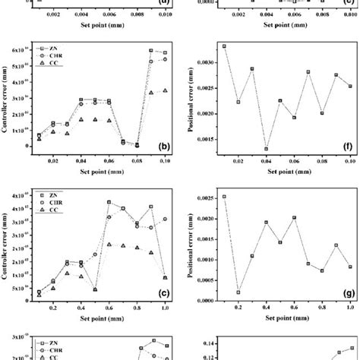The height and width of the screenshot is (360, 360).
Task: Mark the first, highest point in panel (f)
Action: click(x=224, y=46)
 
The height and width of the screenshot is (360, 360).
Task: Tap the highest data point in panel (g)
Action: click(x=224, y=197)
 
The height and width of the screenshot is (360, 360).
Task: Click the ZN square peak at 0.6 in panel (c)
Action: click(x=109, y=202)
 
